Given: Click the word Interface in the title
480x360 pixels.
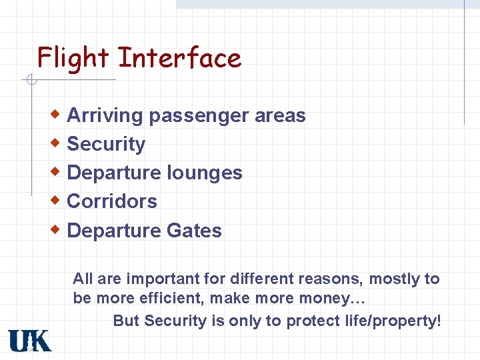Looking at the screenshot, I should (x=179, y=58).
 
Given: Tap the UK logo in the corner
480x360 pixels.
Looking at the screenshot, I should (x=30, y=340).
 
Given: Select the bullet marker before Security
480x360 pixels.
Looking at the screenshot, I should (x=58, y=143).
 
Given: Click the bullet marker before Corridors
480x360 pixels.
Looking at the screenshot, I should (x=58, y=200).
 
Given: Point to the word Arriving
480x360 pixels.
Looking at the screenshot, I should (x=105, y=116).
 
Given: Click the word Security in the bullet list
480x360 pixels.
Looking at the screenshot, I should (x=106, y=144).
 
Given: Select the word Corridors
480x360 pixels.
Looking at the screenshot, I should (x=112, y=201).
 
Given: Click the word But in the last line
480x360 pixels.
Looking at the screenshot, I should (x=126, y=321).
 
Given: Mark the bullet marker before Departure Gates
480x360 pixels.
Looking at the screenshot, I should (x=58, y=229).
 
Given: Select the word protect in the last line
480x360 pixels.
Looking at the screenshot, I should (x=310, y=321).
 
